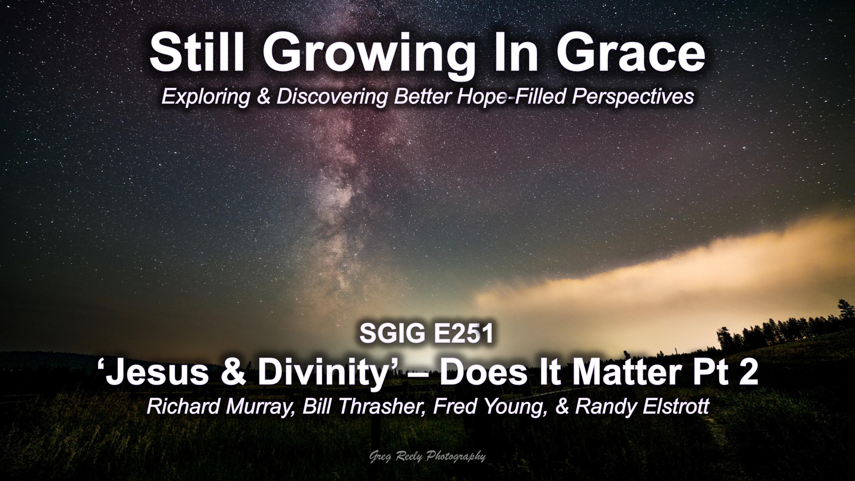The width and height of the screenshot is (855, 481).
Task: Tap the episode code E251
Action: pos(463,334)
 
